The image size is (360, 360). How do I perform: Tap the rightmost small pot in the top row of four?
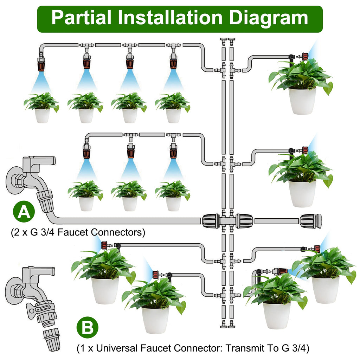(173, 115)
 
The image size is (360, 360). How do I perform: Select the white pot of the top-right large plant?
(302, 101)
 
